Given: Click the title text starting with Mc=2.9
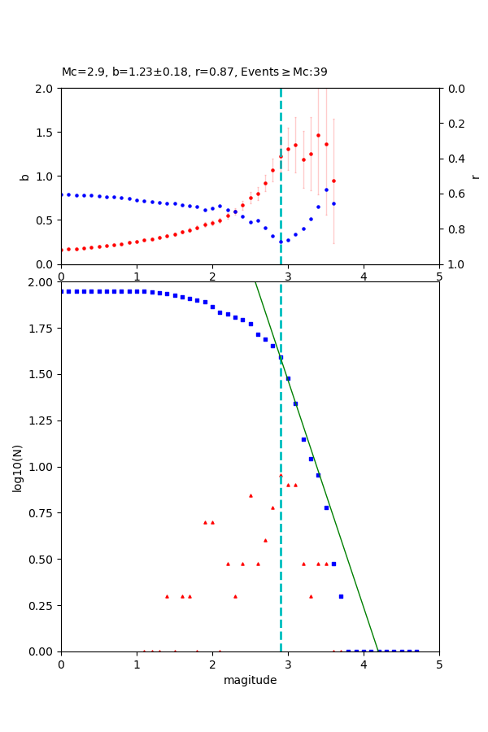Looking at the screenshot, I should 194,72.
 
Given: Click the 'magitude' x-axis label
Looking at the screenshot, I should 250,680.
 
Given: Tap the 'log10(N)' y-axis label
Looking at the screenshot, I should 18,467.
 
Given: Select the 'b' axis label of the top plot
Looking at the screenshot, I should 24,176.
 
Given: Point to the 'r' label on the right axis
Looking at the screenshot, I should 476,176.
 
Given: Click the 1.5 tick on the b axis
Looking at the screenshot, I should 43,132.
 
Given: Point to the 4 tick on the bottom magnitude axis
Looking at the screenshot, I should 364,664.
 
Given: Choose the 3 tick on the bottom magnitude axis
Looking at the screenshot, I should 288,664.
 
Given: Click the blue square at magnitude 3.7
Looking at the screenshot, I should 341,596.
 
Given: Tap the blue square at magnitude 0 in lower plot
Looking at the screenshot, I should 62,291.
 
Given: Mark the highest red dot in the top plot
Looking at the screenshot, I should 318,135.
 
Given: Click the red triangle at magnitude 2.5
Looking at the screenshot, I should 251,495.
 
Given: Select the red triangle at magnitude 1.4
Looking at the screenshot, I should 167,596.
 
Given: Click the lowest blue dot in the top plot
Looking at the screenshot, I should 281,242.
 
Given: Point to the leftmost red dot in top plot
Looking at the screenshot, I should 62,250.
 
